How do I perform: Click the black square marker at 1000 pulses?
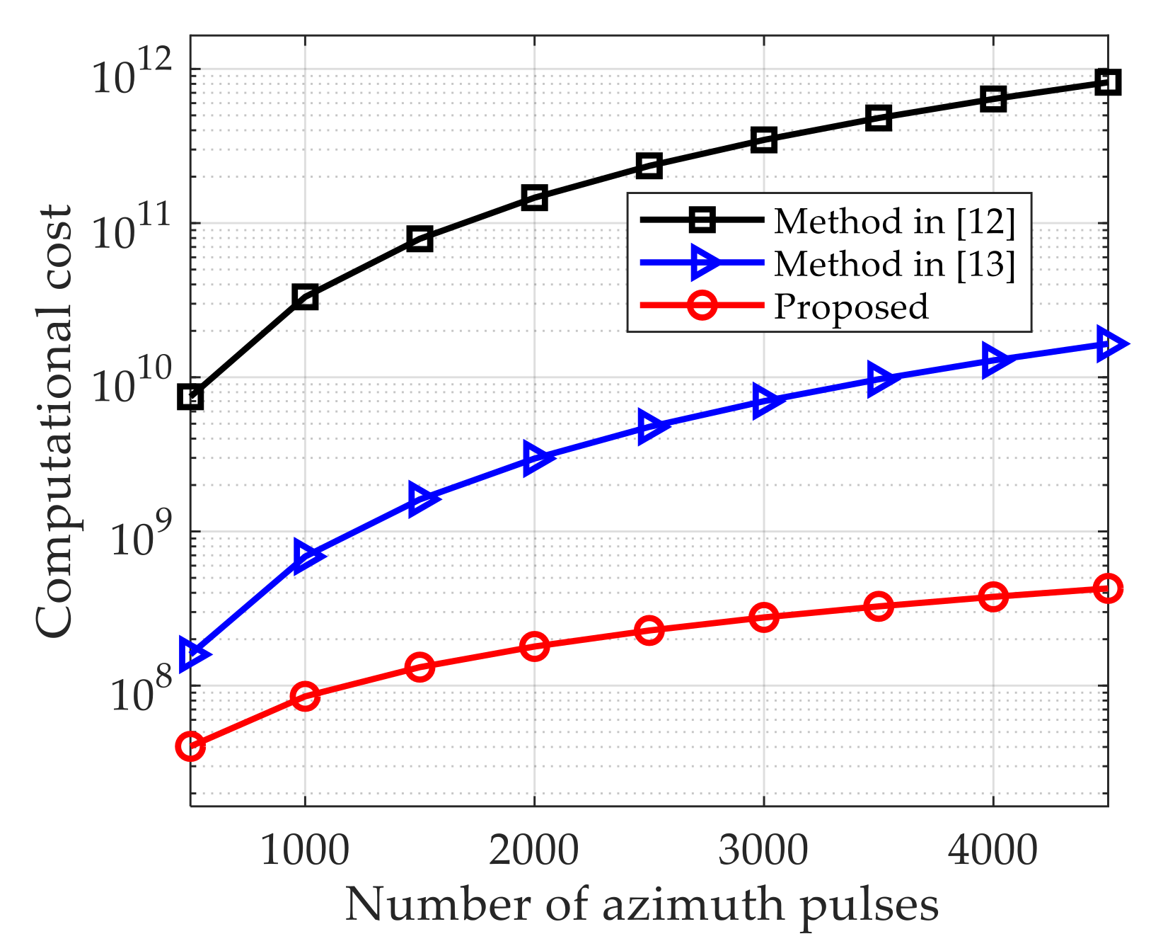tap(305, 297)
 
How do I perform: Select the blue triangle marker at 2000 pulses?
tap(536, 459)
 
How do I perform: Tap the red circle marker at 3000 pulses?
tap(764, 617)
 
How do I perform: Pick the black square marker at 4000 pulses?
tap(993, 99)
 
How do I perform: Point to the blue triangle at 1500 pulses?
tap(422, 498)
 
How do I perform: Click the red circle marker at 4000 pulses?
tap(993, 597)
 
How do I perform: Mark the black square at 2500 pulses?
tap(649, 166)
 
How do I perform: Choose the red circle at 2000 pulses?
tap(534, 646)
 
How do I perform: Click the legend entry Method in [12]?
tap(894, 221)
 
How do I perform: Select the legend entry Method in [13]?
tap(894, 264)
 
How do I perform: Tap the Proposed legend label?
tap(851, 307)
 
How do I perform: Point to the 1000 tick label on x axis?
tap(305, 850)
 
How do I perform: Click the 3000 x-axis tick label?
tap(763, 850)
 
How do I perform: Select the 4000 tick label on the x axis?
tap(993, 850)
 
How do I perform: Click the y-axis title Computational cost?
tap(55, 422)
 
